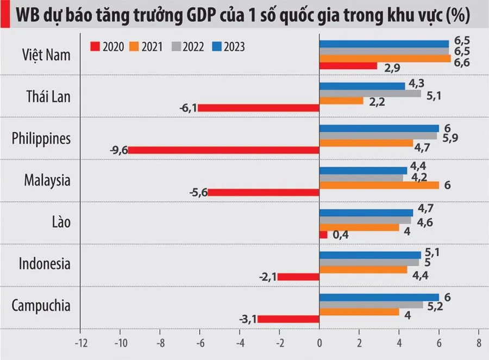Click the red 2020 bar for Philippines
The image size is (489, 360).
pos(223,150)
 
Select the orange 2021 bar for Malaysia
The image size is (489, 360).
pos(379,185)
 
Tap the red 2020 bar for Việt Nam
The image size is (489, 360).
pos(348,65)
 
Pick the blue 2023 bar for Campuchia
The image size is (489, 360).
pos(379,297)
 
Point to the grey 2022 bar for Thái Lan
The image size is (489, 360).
pos(370,93)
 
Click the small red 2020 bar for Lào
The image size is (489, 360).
pos(323,234)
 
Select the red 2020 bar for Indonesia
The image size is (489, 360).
pos(298,277)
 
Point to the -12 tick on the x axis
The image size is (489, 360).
pos(80,343)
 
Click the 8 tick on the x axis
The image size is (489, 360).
pos(478,343)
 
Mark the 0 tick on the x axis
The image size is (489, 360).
pos(319,343)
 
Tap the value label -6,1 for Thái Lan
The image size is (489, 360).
pos(187,108)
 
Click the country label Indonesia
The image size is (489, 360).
pos(45,264)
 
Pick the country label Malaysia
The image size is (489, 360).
pos(47,180)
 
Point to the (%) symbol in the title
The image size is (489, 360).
pos(457,16)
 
